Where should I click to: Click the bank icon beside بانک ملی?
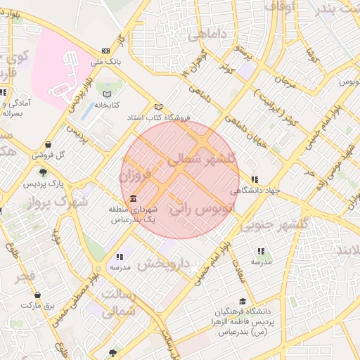pos(105,51)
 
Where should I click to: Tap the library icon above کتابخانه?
pos(107,94)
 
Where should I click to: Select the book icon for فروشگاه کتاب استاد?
pos(159,106)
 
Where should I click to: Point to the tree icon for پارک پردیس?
pos(43,172)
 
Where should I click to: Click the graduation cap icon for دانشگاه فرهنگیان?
pos(243,301)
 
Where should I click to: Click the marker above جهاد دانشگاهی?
pos(254,179)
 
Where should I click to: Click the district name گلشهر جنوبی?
pos(274,223)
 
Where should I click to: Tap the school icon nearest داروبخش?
pos(120,257)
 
